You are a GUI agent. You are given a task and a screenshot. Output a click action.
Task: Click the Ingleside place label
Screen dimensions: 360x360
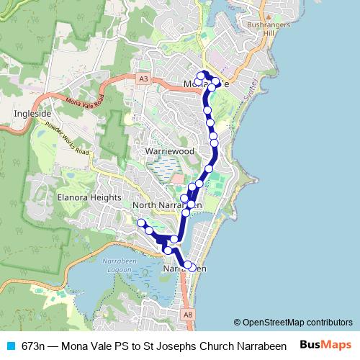point(30,113)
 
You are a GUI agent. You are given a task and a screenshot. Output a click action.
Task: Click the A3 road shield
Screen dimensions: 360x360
point(144,78)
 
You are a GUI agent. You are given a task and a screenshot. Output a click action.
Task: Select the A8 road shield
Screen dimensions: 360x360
point(187,314)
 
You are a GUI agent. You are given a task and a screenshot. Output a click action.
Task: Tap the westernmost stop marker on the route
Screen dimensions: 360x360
point(141,222)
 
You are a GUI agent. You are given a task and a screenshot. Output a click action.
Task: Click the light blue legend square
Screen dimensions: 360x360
point(9,345)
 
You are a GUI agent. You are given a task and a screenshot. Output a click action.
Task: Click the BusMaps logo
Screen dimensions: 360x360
point(326,344)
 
